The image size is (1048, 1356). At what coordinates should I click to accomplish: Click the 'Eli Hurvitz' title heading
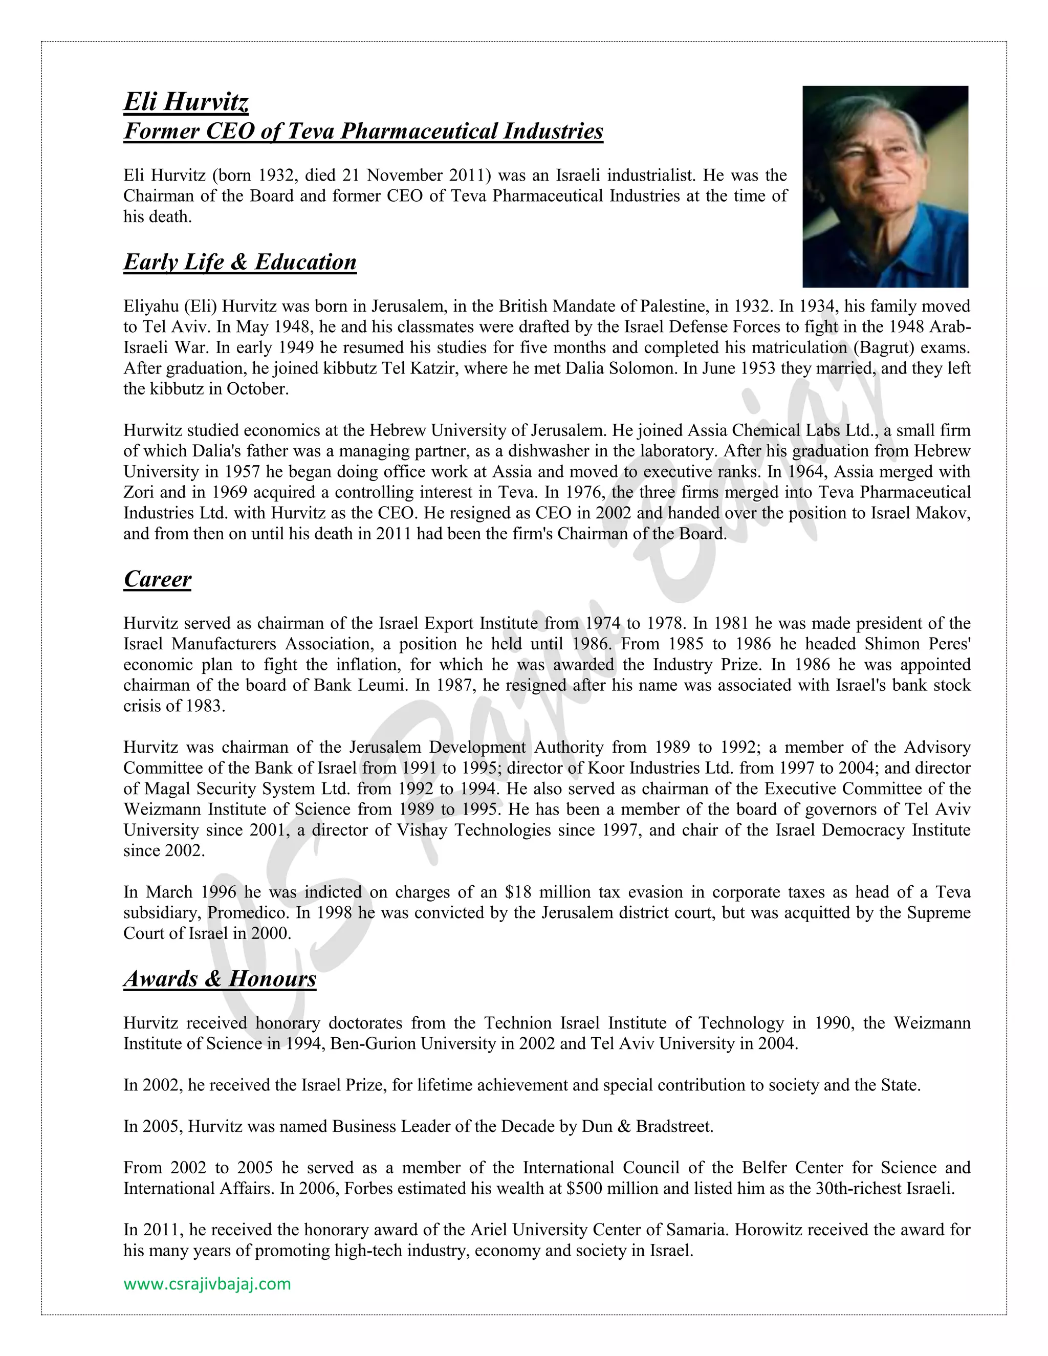tap(186, 101)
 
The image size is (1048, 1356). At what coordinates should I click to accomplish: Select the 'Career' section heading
tap(157, 579)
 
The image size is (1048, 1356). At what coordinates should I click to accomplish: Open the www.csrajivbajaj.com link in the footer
tap(207, 1283)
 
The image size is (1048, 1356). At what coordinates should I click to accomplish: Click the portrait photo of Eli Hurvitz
tap(885, 186)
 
